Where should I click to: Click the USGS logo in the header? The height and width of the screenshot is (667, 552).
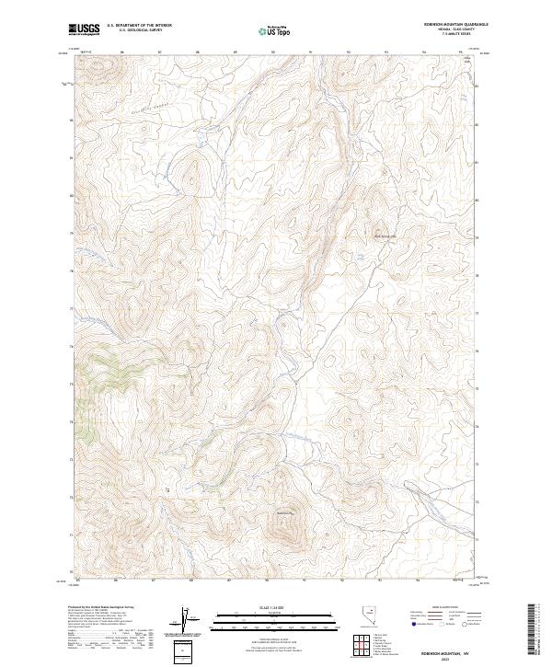pos(84,30)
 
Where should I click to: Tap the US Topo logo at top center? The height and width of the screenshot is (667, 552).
pos(276,31)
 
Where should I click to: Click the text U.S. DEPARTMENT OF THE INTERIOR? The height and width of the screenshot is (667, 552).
pos(139,27)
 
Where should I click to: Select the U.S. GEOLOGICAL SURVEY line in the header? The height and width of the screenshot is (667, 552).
pos(139,32)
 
